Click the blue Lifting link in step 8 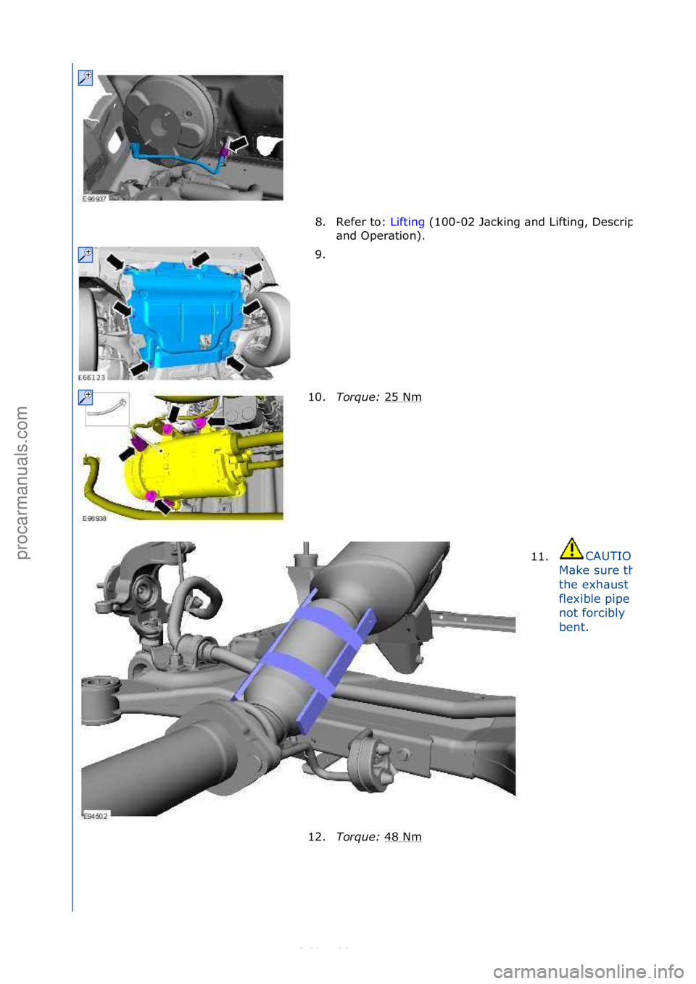(407, 222)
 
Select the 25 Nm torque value (402, 397)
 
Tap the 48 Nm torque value (402, 837)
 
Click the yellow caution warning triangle (571, 549)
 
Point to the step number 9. (320, 254)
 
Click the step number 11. (539, 556)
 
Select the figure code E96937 (94, 199)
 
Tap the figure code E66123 (91, 378)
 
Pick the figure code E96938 (94, 519)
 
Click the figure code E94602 (95, 816)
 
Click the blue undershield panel (185, 312)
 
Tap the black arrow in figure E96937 (239, 143)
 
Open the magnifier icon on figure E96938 (86, 397)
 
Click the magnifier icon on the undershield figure (86, 254)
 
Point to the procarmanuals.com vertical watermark (22, 482)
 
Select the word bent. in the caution (573, 627)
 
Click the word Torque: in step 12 (357, 837)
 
